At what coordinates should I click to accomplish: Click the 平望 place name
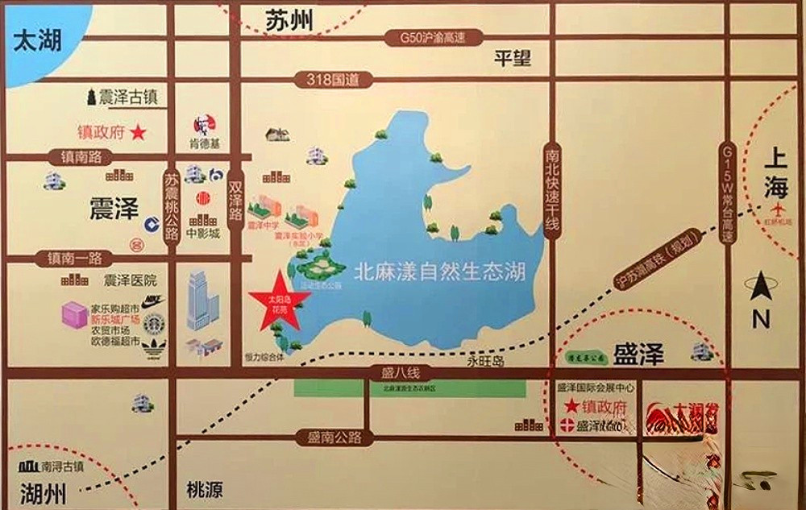513,57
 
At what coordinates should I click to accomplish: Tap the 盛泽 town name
638,355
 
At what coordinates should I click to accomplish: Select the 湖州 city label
43,491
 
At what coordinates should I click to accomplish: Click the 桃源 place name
205,490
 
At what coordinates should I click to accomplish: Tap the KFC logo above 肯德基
203,126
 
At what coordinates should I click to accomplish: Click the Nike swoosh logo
154,300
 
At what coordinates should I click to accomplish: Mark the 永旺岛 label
485,362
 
